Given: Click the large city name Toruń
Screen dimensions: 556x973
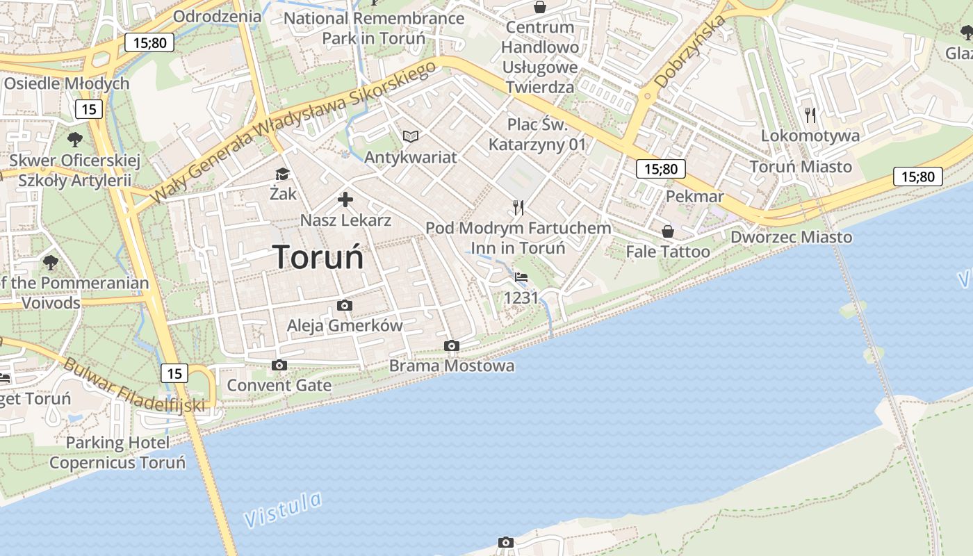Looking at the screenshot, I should click(x=318, y=257).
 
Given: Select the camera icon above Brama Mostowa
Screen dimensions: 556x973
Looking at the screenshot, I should click(x=452, y=345).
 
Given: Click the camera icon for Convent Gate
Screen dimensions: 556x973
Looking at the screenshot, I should click(x=279, y=365).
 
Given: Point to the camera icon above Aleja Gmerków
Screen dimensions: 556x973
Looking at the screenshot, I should click(x=344, y=305).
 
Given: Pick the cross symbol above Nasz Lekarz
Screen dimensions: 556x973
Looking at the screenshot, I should click(x=345, y=200).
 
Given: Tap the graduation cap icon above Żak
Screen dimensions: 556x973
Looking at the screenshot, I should click(x=282, y=174).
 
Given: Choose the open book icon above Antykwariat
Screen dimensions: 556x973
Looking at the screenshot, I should click(x=411, y=136).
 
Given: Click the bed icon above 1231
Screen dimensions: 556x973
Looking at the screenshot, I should click(x=521, y=277).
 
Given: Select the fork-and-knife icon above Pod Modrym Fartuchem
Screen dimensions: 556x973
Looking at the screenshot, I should click(x=518, y=207).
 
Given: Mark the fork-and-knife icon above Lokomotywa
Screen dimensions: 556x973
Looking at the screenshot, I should click(x=810, y=115).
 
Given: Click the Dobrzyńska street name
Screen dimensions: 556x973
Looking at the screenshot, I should click(x=690, y=52).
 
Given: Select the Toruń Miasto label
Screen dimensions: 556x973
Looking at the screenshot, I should click(x=801, y=167).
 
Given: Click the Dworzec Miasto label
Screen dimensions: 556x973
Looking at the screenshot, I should click(x=791, y=237).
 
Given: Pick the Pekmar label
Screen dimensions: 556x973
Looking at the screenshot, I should click(x=694, y=197).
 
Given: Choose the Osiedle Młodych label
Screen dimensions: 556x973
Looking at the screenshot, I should click(x=67, y=83).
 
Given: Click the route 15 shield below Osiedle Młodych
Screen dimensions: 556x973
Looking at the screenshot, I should click(x=88, y=109).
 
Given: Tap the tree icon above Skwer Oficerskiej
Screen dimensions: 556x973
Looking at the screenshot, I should click(x=74, y=139).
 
